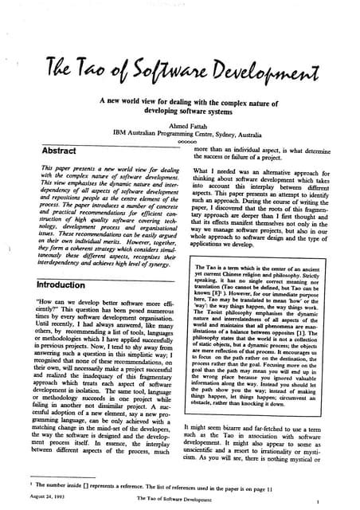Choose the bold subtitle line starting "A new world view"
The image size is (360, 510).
click(x=182, y=115)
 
